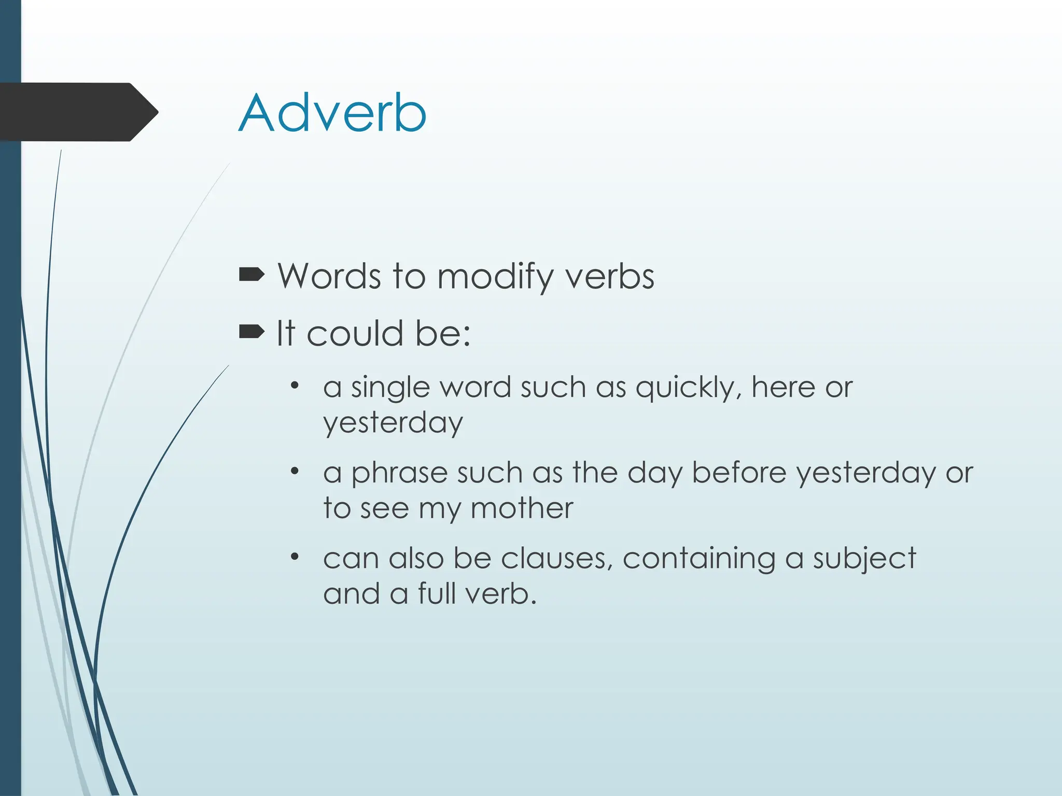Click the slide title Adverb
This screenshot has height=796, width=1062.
click(x=332, y=113)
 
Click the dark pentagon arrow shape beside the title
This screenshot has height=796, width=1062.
click(x=78, y=112)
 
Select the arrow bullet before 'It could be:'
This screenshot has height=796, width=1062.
click(x=251, y=332)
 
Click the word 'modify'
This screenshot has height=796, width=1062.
click(x=495, y=277)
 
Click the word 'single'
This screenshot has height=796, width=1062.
click(x=390, y=388)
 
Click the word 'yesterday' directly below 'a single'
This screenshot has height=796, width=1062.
click(x=393, y=423)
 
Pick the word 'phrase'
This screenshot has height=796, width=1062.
click(x=399, y=473)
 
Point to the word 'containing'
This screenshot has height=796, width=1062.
click(x=698, y=559)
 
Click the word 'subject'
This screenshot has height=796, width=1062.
click(x=864, y=559)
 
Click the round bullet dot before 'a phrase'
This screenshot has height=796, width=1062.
click(x=295, y=471)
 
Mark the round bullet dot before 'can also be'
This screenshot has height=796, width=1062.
click(x=295, y=557)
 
